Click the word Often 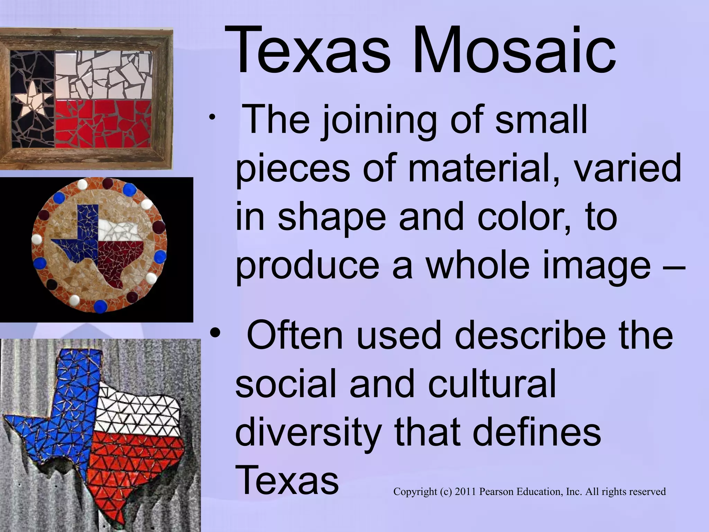(294, 335)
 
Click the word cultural (492, 384)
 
